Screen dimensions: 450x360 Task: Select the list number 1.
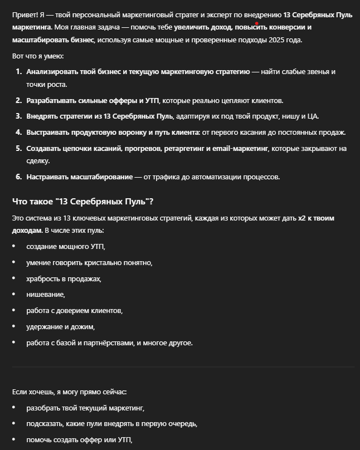click(x=18, y=72)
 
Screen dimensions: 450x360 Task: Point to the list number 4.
click(x=18, y=133)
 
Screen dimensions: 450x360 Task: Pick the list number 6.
click(x=18, y=177)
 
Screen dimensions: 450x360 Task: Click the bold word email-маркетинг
click(x=241, y=149)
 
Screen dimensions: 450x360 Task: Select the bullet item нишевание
click(x=46, y=294)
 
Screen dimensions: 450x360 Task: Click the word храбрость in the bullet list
click(x=45, y=278)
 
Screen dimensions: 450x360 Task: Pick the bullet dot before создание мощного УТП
click(x=14, y=246)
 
